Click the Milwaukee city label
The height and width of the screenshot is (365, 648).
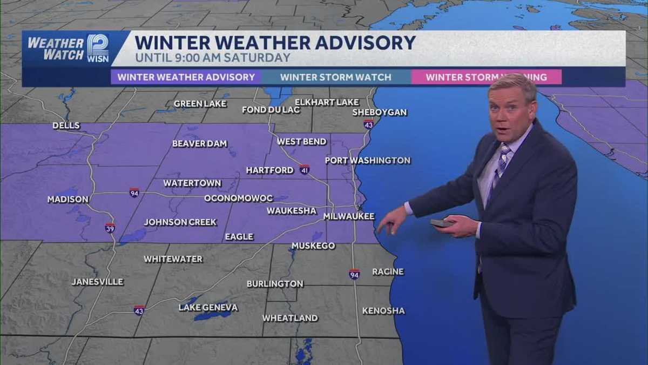click(348, 216)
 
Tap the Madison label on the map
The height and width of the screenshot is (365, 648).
click(67, 200)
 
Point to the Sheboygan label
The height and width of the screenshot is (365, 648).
click(379, 112)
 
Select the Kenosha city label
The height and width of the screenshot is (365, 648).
click(383, 311)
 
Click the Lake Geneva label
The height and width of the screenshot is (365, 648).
click(208, 308)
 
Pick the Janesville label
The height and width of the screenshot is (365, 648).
click(97, 282)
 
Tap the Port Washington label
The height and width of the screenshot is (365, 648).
click(367, 161)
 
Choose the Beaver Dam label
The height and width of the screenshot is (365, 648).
click(199, 144)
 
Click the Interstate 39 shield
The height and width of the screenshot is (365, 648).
click(110, 228)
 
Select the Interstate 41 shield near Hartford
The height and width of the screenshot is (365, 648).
click(305, 169)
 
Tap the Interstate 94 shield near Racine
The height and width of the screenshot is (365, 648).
click(354, 274)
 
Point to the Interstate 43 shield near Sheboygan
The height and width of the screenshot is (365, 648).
click(368, 124)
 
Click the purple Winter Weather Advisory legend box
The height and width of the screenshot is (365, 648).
click(186, 77)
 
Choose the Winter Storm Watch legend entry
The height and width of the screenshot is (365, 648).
click(335, 77)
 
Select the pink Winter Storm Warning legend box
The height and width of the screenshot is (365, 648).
click(486, 77)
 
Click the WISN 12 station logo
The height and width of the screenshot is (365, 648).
click(98, 48)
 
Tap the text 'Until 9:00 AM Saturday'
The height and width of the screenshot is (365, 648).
click(213, 58)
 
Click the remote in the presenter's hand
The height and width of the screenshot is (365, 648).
click(441, 223)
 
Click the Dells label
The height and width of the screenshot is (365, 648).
click(66, 126)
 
